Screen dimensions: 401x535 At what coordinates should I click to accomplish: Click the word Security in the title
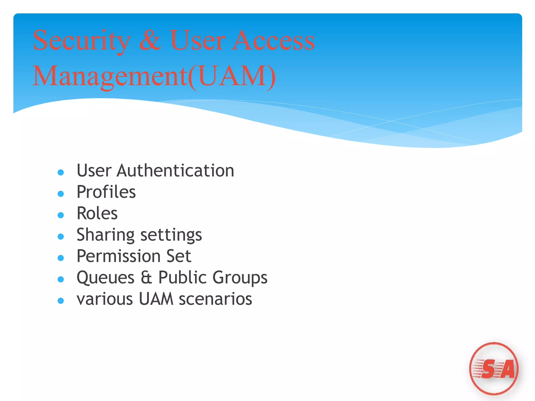(82, 41)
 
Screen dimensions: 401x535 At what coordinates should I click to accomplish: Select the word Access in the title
(273, 40)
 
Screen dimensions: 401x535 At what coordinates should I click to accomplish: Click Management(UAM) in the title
(154, 76)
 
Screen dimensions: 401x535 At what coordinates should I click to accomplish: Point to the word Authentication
(175, 171)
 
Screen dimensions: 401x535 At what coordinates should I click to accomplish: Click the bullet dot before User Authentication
(61, 172)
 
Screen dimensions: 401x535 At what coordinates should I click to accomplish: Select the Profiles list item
(106, 192)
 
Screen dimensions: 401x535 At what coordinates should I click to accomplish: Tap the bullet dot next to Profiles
(61, 194)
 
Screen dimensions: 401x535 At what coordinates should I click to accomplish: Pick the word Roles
(97, 214)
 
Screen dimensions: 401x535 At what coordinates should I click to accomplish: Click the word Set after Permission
(179, 256)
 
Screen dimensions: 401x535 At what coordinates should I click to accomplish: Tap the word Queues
(106, 278)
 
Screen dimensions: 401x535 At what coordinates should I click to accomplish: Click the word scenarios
(216, 299)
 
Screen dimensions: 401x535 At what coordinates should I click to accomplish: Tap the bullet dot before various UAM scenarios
(61, 301)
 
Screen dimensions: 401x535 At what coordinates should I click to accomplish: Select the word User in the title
(197, 40)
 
